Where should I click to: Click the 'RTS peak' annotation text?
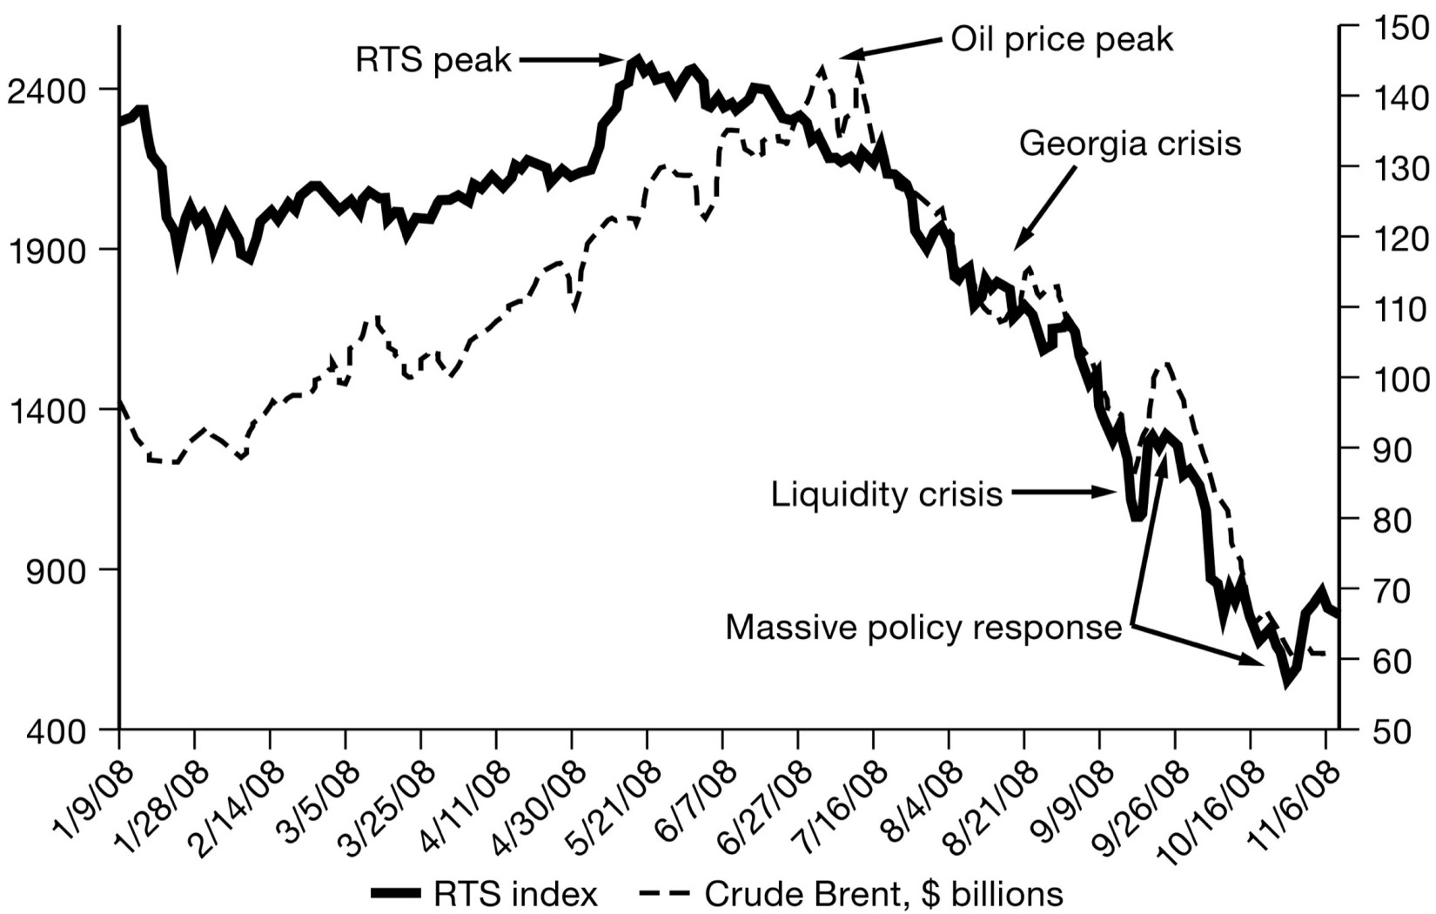point(433,60)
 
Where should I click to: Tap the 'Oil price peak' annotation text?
point(1062,39)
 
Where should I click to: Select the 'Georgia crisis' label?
point(1130,143)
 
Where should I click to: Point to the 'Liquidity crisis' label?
point(887,494)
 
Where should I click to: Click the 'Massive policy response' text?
point(923,627)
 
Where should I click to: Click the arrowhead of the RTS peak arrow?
point(623,59)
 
